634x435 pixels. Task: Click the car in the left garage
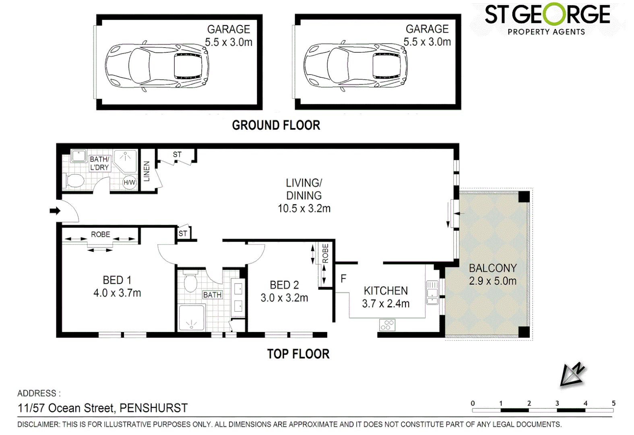(x=157, y=66)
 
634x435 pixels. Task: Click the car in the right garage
(x=355, y=66)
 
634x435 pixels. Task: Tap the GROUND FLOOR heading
(x=276, y=125)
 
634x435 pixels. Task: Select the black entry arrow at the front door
(x=55, y=211)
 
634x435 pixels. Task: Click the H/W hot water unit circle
(x=129, y=182)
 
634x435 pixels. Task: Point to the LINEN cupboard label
(x=147, y=171)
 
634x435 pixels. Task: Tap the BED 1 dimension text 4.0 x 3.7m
(x=117, y=293)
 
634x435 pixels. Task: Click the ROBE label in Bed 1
(x=100, y=234)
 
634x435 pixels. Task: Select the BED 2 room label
(x=284, y=285)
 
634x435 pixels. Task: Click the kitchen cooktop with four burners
(x=387, y=325)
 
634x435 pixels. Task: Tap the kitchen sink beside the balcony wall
(x=432, y=292)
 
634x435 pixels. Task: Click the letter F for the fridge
(x=343, y=278)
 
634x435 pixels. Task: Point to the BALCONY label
(x=493, y=268)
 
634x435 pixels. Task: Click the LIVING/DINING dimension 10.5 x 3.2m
(x=304, y=209)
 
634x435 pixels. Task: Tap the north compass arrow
(x=572, y=375)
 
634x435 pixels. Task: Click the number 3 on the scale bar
(x=557, y=403)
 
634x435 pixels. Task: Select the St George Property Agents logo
(x=547, y=19)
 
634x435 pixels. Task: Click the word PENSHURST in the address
(x=153, y=408)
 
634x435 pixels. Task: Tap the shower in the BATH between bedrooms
(x=191, y=318)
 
